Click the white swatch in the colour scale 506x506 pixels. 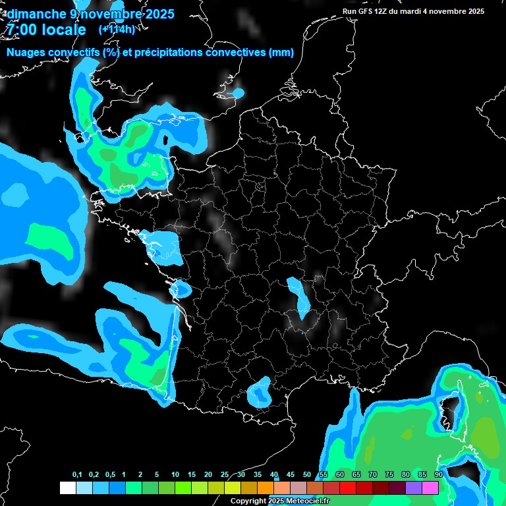[x=67, y=488]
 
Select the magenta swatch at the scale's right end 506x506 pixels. [x=430, y=488]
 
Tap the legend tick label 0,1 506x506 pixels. [x=77, y=475]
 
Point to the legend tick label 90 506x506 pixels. [x=438, y=475]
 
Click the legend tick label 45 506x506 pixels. [x=291, y=475]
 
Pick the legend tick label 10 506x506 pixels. [x=175, y=475]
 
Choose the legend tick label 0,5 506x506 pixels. [x=110, y=475]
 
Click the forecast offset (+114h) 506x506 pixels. [x=117, y=30]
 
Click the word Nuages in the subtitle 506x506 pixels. [x=26, y=53]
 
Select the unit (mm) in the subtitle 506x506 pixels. [x=281, y=53]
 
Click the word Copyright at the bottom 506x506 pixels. [x=248, y=501]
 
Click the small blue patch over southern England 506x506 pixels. [x=238, y=93]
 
